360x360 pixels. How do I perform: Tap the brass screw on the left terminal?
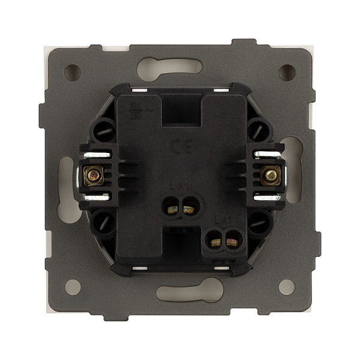coord(94,175)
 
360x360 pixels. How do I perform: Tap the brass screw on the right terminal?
coord(271,175)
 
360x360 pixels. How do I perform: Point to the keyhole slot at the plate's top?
coord(179,65)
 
